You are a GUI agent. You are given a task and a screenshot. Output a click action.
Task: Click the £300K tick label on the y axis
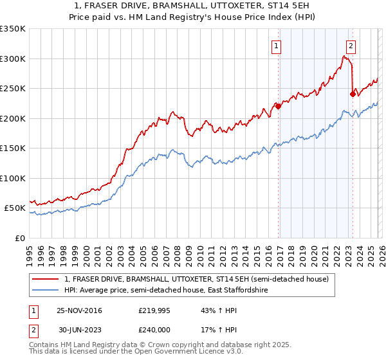13,59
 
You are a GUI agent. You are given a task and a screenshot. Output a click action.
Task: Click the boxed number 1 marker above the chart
276,46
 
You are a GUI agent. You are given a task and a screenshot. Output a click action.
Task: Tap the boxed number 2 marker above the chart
351,46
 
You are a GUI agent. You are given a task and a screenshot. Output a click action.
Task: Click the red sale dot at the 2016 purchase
278,107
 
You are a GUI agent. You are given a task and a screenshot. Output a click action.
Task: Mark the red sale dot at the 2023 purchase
353,94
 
